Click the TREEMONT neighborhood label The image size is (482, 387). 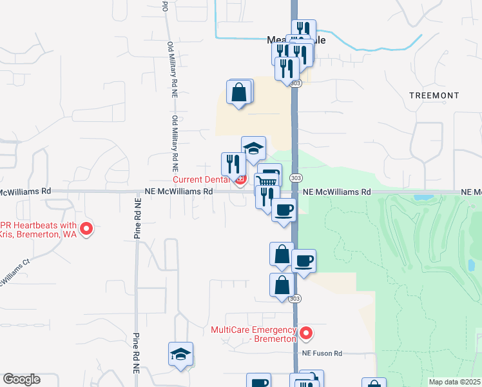(x=434, y=95)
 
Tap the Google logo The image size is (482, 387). (x=21, y=379)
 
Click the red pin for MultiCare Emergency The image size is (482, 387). (x=306, y=334)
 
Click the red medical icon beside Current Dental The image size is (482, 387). (x=240, y=180)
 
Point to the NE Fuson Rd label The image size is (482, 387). (x=323, y=353)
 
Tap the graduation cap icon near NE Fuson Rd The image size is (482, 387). (x=181, y=354)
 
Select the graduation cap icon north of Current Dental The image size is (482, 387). (x=254, y=148)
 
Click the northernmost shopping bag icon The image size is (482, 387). (x=239, y=92)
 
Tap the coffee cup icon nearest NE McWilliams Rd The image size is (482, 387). (x=284, y=210)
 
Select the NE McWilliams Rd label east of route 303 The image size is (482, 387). (x=338, y=192)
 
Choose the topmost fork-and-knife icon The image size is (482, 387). (x=304, y=30)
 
